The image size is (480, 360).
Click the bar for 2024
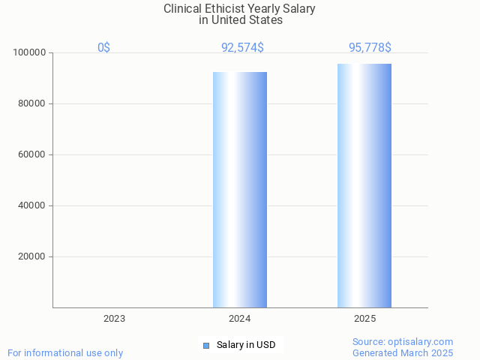click(x=240, y=189)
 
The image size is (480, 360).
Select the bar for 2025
click(x=364, y=185)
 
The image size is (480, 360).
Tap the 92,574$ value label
click(x=242, y=48)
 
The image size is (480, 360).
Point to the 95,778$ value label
click(x=370, y=48)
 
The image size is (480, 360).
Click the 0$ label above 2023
click(x=103, y=48)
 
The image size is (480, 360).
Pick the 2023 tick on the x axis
click(x=115, y=319)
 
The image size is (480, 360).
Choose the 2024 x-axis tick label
click(x=240, y=319)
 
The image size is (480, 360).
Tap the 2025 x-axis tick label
click(x=365, y=319)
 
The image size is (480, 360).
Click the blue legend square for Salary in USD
click(x=206, y=345)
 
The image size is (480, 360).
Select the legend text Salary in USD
click(x=246, y=345)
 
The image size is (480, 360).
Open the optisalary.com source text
click(x=403, y=342)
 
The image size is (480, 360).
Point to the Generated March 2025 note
click(x=403, y=353)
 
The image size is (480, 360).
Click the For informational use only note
click(x=65, y=353)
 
